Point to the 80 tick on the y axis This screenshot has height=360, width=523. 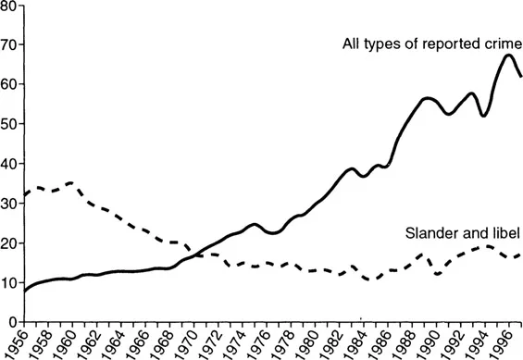(9, 6)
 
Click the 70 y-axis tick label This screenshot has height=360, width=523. (9, 44)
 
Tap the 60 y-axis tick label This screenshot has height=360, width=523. (9, 84)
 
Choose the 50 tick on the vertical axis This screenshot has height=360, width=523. (9, 124)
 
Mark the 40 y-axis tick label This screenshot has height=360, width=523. (9, 164)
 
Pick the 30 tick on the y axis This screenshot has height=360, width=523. (9, 204)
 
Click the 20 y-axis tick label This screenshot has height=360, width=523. (9, 243)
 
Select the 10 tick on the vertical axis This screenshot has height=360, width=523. (9, 283)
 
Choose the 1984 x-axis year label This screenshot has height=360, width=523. (362, 341)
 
